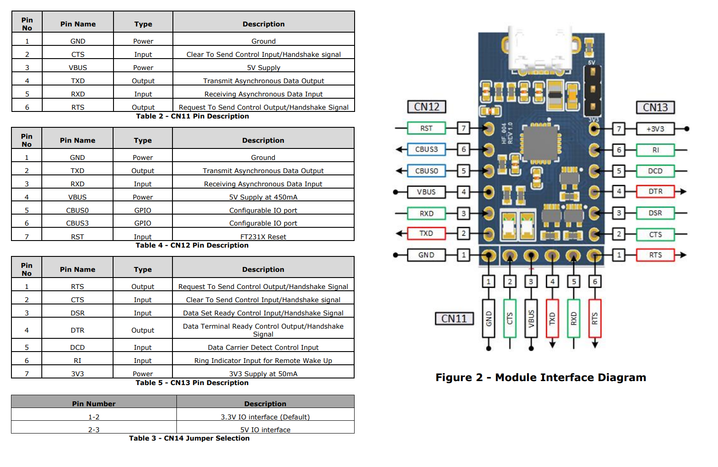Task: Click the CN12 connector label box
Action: pos(426,107)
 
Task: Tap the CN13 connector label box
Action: pos(655,107)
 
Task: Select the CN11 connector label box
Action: pos(454,319)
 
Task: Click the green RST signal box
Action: pos(426,128)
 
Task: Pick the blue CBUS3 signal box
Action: pos(426,149)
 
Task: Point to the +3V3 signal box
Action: pos(655,129)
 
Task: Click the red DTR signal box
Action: pos(655,192)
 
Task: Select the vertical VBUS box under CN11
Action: pos(531,319)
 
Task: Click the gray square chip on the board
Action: pos(540,143)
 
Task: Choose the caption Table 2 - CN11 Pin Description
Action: pos(192,116)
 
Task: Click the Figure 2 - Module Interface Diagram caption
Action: pos(541,378)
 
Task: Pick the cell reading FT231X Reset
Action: pos(263,237)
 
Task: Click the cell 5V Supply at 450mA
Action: pos(263,197)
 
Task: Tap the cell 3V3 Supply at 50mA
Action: pos(263,374)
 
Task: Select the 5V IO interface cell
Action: pos(265,430)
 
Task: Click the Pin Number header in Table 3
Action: pos(94,404)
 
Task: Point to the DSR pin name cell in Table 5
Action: pos(77,313)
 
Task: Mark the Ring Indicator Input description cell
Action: pos(263,360)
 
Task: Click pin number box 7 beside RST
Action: pos(463,128)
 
